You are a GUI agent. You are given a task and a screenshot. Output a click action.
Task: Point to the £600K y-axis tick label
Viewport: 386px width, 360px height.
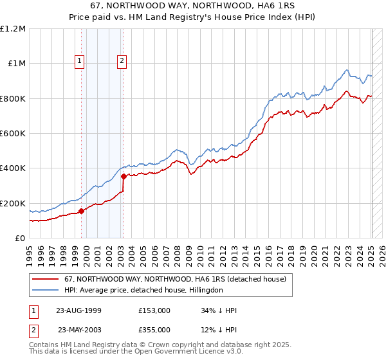click(13, 134)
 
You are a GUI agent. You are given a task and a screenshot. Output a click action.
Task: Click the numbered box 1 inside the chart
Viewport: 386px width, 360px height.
click(79, 62)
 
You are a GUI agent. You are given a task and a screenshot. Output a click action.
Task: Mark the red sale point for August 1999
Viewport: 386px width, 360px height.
click(82, 211)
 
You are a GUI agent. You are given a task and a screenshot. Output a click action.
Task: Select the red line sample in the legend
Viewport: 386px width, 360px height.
click(45, 279)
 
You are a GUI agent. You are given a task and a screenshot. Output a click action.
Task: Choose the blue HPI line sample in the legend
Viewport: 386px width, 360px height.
click(45, 290)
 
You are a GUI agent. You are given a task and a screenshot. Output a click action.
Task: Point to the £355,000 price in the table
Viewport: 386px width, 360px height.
click(154, 330)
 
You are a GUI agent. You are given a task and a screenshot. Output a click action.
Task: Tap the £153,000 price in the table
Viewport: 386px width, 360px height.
click(154, 310)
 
